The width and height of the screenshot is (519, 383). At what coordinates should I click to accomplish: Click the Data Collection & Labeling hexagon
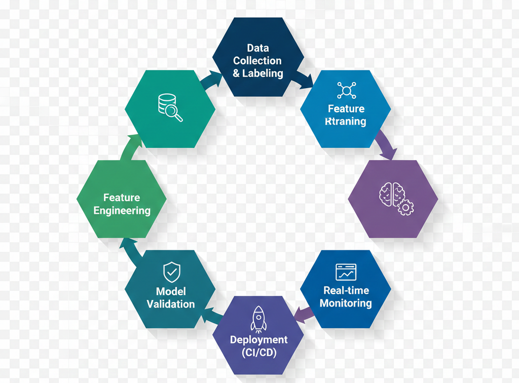point(257,57)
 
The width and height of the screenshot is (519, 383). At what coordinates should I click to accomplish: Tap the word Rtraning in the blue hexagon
point(346,122)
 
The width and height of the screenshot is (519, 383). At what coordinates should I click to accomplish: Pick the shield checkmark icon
point(171,272)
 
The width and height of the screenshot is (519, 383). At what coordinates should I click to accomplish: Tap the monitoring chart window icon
point(346,272)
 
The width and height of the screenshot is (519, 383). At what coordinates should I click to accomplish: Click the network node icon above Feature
point(346,90)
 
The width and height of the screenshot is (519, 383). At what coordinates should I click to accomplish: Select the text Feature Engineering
point(122,204)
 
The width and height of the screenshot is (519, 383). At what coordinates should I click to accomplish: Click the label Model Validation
point(171,298)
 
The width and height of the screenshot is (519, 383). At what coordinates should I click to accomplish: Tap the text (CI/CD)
point(258,353)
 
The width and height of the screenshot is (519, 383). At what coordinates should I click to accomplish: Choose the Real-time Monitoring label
point(346,297)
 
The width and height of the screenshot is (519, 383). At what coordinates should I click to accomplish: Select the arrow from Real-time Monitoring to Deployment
point(304,314)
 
